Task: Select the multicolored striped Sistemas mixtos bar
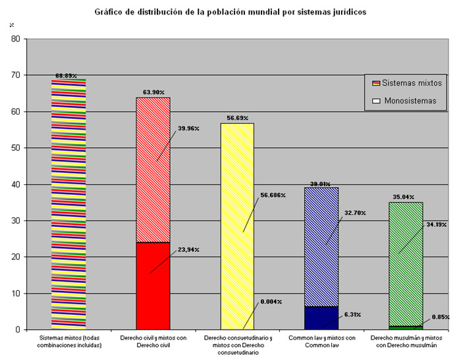pos(68,204)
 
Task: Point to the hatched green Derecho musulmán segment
pos(406,263)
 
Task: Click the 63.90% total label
pos(153,93)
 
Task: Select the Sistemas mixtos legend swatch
pos(377,84)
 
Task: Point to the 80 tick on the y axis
pos(15,39)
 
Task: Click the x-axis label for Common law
pos(321,342)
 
